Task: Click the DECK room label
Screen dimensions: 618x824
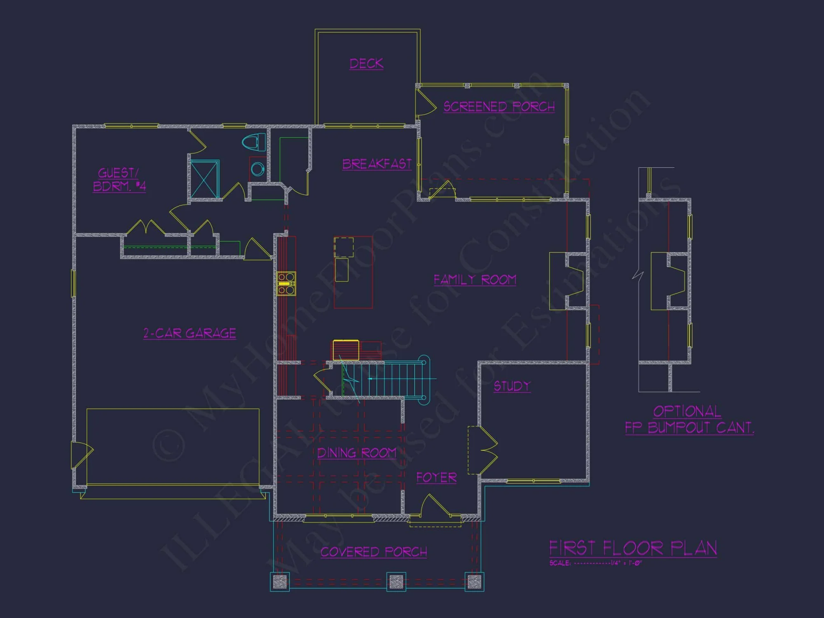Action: tap(366, 63)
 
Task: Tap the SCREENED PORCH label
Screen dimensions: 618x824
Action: tap(499, 107)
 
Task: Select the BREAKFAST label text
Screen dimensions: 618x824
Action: tap(377, 164)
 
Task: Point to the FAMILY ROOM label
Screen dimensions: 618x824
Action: tap(475, 280)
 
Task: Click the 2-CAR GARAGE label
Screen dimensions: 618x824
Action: tap(190, 333)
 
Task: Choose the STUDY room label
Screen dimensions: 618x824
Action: tap(512, 386)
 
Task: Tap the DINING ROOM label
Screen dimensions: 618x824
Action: tap(356, 453)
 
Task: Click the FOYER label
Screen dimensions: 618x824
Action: tap(436, 478)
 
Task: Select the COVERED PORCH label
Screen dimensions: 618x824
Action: tap(374, 552)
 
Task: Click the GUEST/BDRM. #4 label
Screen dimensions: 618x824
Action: tap(119, 180)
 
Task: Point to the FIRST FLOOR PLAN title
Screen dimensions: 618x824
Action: tap(633, 548)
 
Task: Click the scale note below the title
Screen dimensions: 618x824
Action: tap(595, 563)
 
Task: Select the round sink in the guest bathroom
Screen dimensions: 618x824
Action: tap(258, 169)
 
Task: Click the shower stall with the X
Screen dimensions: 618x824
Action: tap(205, 180)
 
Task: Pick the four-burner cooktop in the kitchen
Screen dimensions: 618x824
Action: tap(286, 283)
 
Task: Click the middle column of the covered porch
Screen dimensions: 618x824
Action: tap(396, 581)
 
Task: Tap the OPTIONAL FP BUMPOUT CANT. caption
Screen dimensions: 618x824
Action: tap(689, 419)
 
